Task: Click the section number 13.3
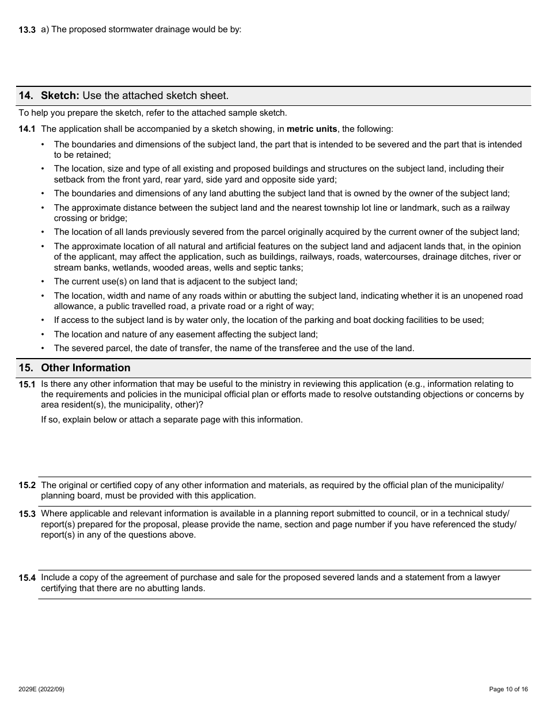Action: coord(27,30)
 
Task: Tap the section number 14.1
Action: coord(27,129)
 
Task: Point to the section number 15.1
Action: coord(27,385)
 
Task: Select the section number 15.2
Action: coord(27,485)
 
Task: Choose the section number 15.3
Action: coord(27,514)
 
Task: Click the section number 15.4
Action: coord(27,578)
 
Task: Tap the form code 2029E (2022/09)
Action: coord(41,689)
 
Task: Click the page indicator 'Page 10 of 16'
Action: coord(508,689)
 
